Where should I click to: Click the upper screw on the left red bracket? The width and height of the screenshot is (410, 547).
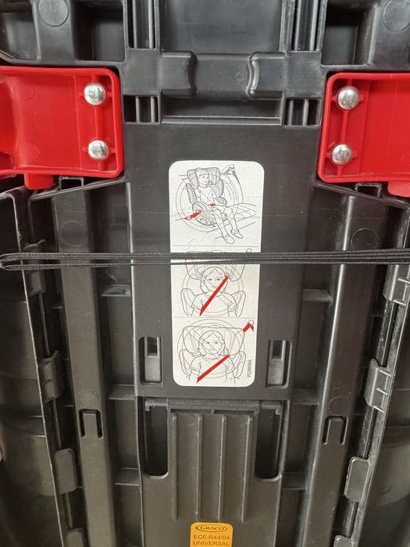point(95,95)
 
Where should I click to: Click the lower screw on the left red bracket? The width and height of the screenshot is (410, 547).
point(98,149)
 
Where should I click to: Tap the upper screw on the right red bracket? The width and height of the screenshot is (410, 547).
point(348,98)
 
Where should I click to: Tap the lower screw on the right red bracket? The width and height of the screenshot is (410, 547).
point(341,154)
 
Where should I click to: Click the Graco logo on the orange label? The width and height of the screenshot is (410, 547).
point(211,528)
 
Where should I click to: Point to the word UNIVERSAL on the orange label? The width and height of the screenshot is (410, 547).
point(211,543)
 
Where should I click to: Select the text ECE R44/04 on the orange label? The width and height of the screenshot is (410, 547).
point(211,537)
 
